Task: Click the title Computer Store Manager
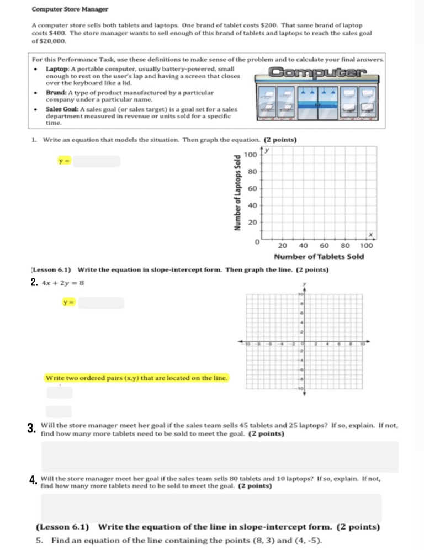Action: (70, 9)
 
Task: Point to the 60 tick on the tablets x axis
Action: (325, 245)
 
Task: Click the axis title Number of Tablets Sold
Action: (319, 257)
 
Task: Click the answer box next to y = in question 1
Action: (96, 161)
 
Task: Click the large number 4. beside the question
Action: (33, 479)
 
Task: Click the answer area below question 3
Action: (220, 457)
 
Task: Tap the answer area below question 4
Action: (211, 507)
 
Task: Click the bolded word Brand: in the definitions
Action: (56, 92)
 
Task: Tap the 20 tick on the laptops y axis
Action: (253, 223)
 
